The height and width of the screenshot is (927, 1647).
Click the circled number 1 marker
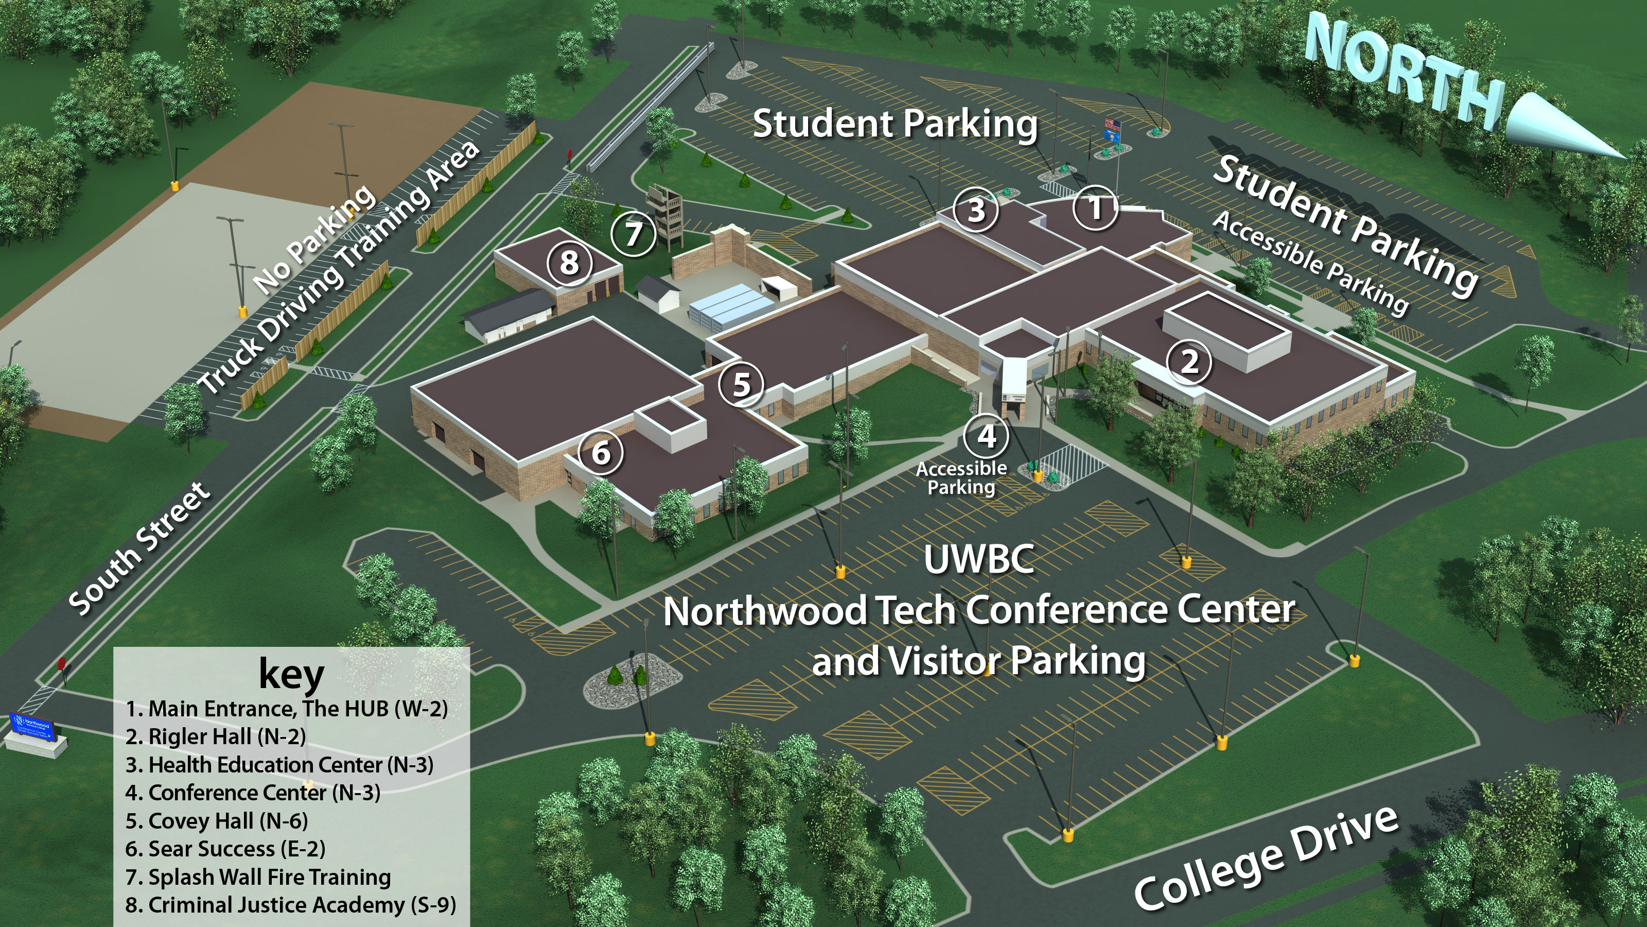click(x=1096, y=208)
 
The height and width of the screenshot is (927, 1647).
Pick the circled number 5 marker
click(x=741, y=385)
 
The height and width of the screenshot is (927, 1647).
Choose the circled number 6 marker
click(x=600, y=453)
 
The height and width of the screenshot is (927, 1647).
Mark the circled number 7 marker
click(x=633, y=234)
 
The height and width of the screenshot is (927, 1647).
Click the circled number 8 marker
click(x=569, y=262)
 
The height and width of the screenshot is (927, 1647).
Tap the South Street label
click(x=139, y=549)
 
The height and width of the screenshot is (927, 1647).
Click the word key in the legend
click(x=291, y=674)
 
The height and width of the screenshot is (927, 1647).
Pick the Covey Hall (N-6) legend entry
click(x=217, y=821)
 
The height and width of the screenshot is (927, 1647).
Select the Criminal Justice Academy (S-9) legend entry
click(x=291, y=905)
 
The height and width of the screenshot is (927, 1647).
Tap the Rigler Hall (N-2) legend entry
click(x=216, y=737)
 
